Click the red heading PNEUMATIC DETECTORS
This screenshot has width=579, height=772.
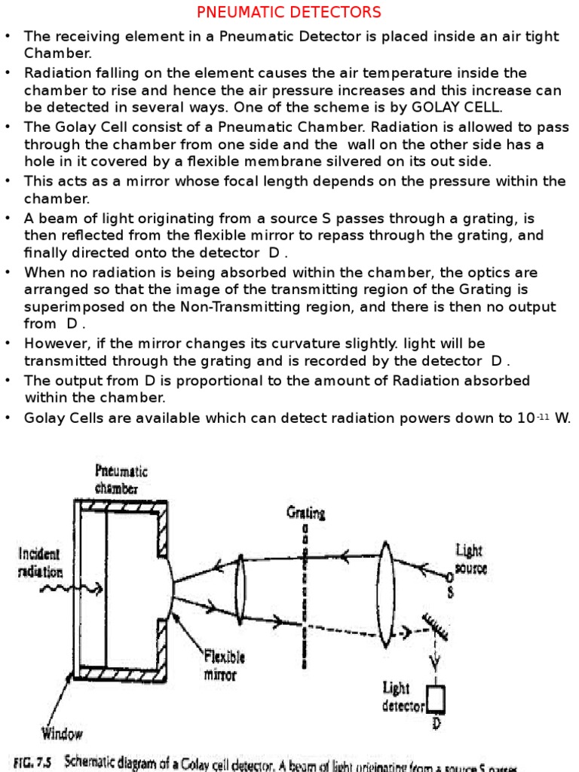[x=289, y=13]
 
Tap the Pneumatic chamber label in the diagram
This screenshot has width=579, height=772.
[x=121, y=479]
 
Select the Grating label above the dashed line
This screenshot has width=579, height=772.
[x=305, y=513]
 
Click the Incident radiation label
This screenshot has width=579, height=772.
[x=39, y=562]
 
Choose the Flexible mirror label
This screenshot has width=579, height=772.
[x=224, y=664]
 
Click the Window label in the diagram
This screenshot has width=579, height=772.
[x=63, y=733]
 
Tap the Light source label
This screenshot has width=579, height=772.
[x=471, y=559]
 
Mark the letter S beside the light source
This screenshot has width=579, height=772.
[x=451, y=593]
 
